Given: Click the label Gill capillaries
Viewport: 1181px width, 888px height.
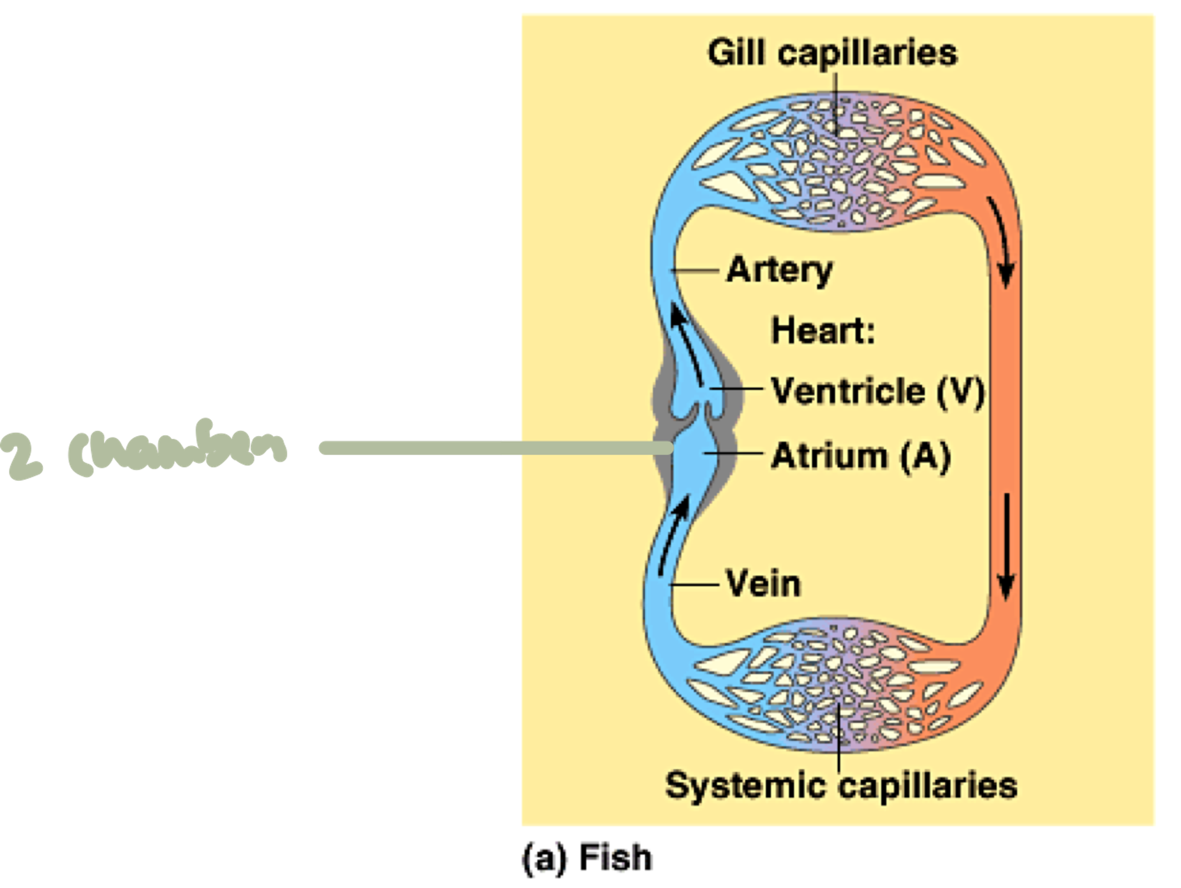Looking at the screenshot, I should (x=832, y=53).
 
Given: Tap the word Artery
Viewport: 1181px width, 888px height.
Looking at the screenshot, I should (x=779, y=270).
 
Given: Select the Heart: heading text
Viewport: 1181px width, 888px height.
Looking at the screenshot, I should (x=823, y=331).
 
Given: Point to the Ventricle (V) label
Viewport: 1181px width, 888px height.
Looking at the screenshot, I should (x=877, y=391).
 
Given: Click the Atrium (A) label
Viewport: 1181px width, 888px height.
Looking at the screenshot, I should (x=860, y=456).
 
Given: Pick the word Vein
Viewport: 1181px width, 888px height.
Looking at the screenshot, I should (x=764, y=584).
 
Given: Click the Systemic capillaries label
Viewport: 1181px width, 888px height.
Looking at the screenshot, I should (x=841, y=786).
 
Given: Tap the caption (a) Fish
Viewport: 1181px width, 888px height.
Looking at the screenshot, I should (x=587, y=858).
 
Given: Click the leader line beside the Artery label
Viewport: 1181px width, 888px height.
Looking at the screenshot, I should (x=696, y=271).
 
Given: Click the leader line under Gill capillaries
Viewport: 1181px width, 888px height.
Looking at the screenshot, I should (x=836, y=100).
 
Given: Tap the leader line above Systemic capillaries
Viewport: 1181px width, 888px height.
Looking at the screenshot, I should (x=839, y=738).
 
